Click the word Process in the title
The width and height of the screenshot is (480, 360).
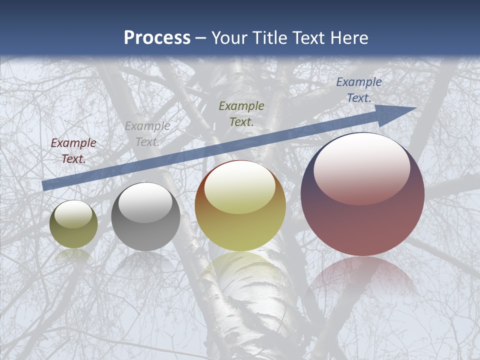tap(157, 38)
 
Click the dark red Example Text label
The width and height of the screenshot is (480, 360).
tap(73, 151)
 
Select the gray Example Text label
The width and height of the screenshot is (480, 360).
tap(147, 134)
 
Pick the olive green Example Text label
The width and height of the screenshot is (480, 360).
tap(241, 113)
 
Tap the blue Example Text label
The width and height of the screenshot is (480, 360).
tap(358, 90)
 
